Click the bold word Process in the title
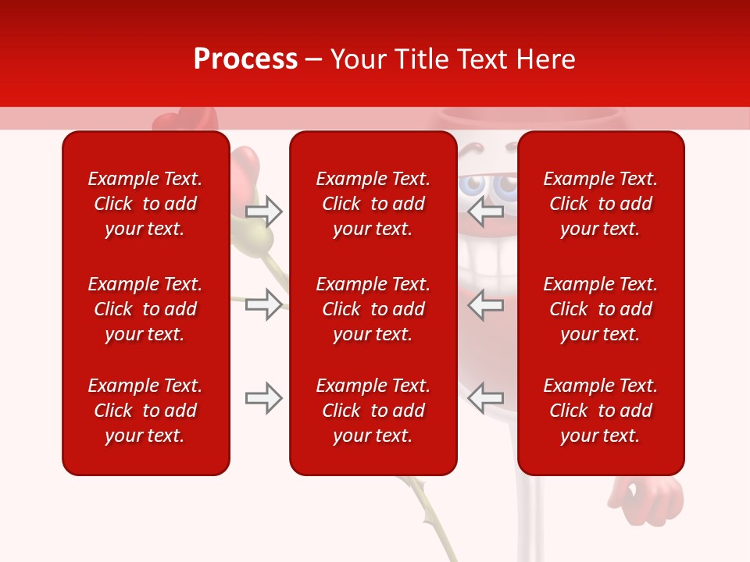[245, 59]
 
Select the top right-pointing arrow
[263, 211]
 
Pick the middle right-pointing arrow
[263, 304]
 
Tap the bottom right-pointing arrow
[263, 398]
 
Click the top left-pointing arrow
[486, 211]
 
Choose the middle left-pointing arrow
[486, 304]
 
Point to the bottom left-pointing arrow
[486, 398]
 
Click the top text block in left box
[145, 204]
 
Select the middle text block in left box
[145, 309]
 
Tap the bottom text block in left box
[145, 411]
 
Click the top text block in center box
[373, 204]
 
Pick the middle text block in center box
[373, 309]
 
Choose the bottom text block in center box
[373, 411]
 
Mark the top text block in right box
[600, 204]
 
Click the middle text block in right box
[600, 309]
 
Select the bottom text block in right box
[600, 411]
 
